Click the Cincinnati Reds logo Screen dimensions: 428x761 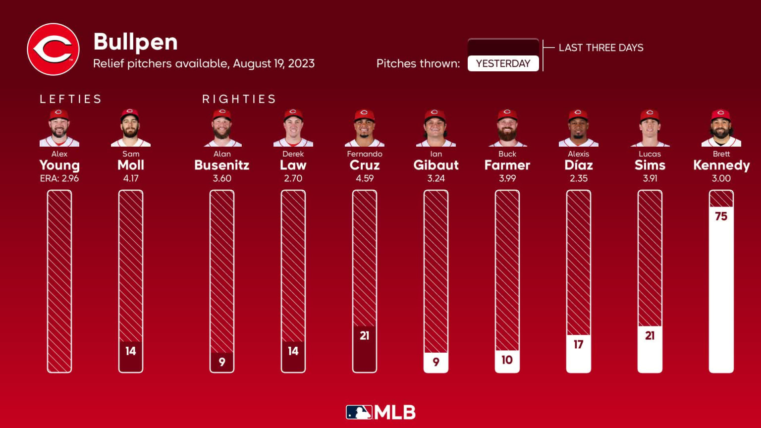click(53, 50)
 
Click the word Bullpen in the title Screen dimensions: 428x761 click(135, 42)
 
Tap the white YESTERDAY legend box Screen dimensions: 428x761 click(503, 63)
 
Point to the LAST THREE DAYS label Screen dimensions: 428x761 click(600, 48)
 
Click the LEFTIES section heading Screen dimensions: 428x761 click(70, 99)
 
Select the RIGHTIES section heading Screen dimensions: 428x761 click(239, 99)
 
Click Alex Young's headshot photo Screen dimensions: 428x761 click(59, 128)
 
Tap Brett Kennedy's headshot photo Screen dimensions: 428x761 click(721, 128)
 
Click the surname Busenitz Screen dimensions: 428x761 click(221, 165)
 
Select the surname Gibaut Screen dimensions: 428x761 click(436, 165)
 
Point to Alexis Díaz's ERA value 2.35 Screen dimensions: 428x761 click(578, 178)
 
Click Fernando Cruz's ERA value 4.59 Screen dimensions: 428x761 click(365, 178)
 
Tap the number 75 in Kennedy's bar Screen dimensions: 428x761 click(721, 216)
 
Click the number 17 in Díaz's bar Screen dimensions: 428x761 click(578, 344)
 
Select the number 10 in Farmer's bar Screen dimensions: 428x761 click(507, 360)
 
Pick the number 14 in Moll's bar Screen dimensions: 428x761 click(130, 351)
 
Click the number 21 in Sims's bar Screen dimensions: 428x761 click(650, 336)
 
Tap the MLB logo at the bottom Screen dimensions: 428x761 click(380, 412)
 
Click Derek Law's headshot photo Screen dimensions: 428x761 click(293, 128)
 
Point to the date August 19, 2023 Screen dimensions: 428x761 click(273, 63)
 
